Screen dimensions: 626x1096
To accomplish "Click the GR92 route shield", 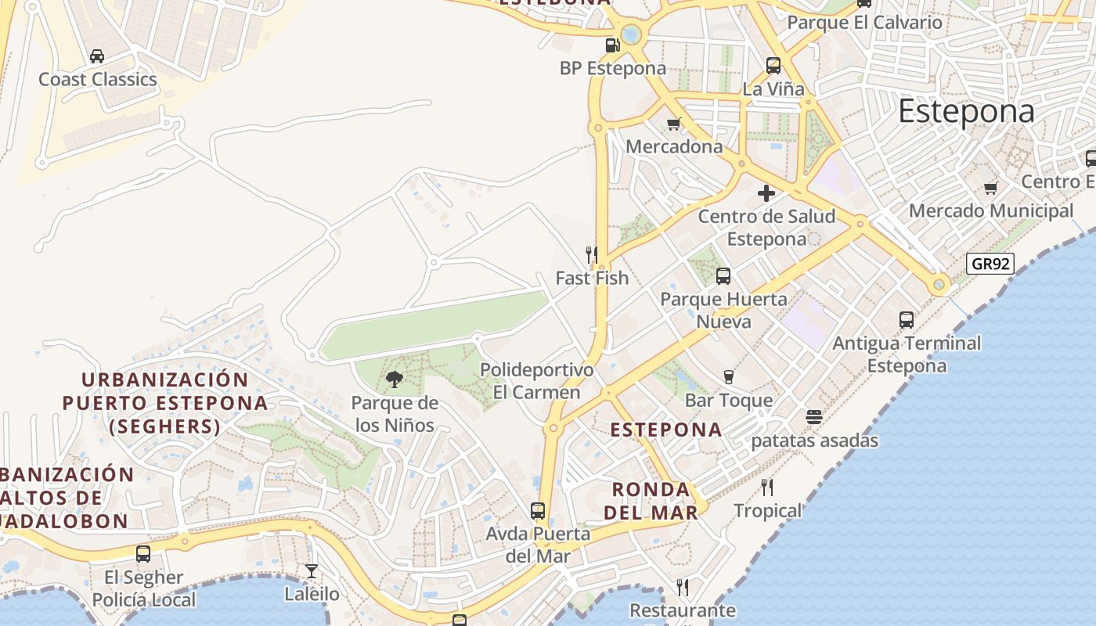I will point(990,264).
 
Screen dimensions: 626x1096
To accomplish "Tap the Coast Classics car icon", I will point(97,56).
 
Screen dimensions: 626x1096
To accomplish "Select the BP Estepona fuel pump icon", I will point(613,45).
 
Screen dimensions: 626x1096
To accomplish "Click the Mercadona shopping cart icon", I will point(673,124).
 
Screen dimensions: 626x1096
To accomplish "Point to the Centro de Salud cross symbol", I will point(766,193).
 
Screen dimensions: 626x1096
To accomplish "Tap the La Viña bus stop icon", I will point(773,66).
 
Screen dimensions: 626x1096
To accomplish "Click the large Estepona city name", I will point(966,111).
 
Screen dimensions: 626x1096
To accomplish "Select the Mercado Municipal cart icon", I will point(991,188).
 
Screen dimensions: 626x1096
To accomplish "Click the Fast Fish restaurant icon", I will point(592,255).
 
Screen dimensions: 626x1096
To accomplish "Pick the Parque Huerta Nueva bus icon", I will point(723,275).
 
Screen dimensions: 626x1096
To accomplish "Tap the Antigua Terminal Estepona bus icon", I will point(907,319).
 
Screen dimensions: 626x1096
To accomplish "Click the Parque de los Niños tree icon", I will point(395,380).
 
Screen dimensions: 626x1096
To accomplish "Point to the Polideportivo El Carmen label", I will point(537,380).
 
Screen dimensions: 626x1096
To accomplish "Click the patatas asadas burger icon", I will point(814,417).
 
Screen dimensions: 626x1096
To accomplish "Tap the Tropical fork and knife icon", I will point(767,487).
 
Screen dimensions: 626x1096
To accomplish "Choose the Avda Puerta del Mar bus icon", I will point(538,511).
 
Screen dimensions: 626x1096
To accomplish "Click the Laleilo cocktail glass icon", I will point(312,571).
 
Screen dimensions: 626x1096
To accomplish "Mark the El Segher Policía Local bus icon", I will point(143,554).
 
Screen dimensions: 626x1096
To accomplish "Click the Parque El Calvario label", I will point(864,22).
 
